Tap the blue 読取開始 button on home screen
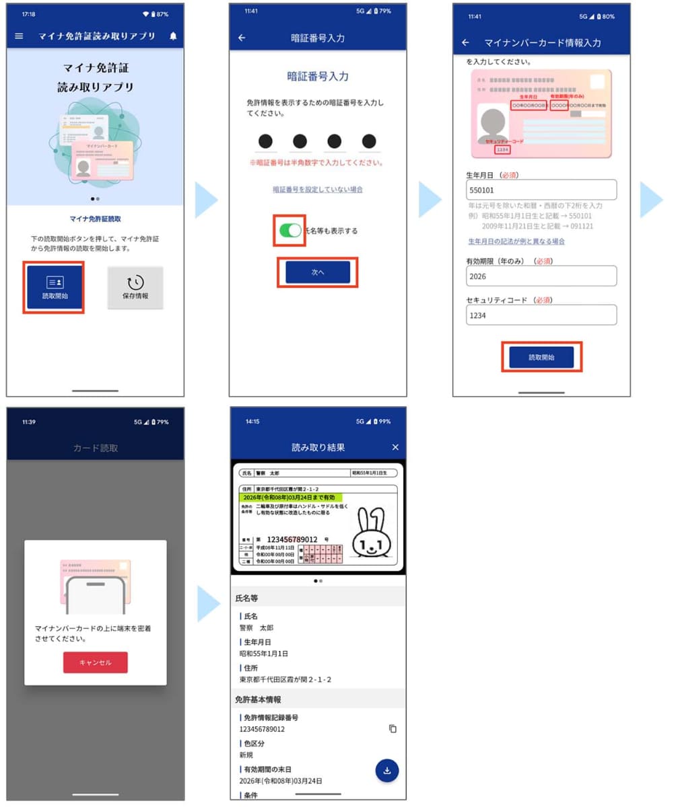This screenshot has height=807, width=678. pos(55,287)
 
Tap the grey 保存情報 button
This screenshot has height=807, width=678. pos(135,287)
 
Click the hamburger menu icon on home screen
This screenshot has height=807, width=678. pos(19,36)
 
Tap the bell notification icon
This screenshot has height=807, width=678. pos(173,36)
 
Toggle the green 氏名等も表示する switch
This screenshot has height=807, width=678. pos(290,231)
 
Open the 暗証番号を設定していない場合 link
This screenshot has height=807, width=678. pos(318,190)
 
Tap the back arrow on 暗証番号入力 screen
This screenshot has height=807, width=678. pos(242,38)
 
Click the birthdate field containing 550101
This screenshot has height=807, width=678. pos(541,190)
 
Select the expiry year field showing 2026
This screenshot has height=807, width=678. pos(541,276)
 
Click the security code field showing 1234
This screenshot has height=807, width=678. pos(541,315)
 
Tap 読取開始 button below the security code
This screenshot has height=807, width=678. pos(541,357)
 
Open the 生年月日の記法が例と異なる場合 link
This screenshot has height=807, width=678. pos(516,241)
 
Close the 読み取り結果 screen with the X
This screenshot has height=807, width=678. pos(395,447)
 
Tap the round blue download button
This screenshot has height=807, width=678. pos(387,771)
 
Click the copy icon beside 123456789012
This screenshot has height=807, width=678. pos(393,729)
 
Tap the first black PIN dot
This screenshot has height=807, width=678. pos(265,141)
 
